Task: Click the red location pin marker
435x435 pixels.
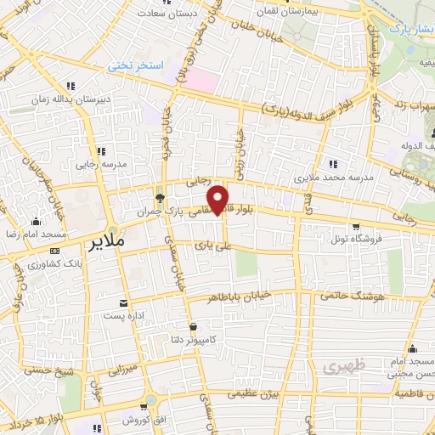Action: coord(219,199)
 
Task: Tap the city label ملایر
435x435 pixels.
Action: coord(106,242)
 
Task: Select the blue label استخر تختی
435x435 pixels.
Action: coord(133,65)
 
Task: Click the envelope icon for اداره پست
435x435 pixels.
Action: coord(126,303)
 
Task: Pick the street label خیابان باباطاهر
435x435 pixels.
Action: coord(251,297)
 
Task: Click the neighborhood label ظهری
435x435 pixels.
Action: coord(338,366)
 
